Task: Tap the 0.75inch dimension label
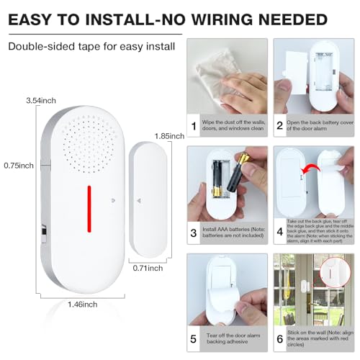pos(17,165)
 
